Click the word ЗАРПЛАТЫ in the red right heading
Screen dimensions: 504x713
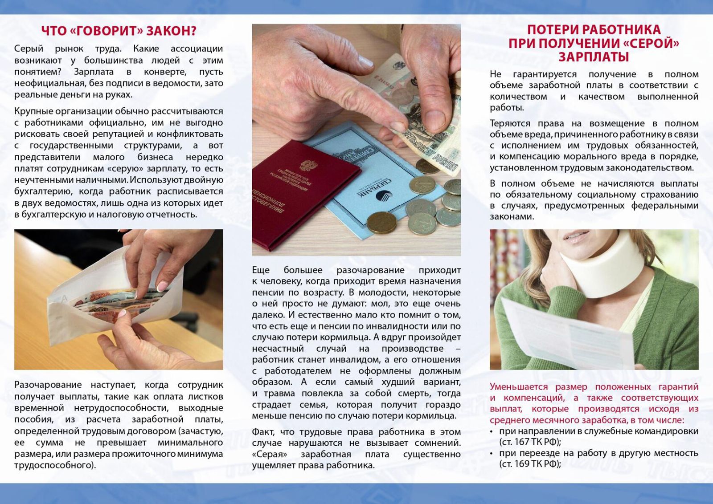click(x=594, y=57)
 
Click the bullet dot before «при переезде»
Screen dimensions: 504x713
click(x=492, y=454)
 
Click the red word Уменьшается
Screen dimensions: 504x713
click(x=519, y=387)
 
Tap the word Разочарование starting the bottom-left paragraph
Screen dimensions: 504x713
click(x=48, y=385)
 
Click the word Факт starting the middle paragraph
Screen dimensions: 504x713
click(x=263, y=432)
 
